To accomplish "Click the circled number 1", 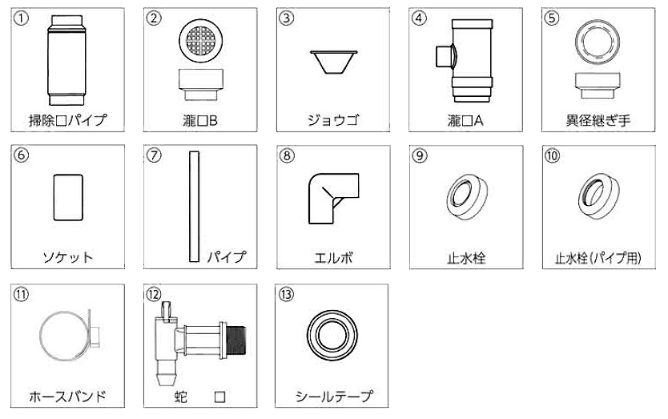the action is (x=21, y=18).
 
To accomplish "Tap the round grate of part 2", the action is (x=201, y=41).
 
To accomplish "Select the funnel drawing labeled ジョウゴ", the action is (x=333, y=62).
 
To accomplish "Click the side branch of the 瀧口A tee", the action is (x=445, y=57).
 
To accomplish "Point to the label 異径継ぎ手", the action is (x=598, y=121).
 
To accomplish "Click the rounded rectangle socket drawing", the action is (x=68, y=197).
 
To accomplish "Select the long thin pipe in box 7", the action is (x=195, y=207).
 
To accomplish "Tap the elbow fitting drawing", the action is (x=333, y=198).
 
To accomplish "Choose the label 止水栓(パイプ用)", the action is (x=598, y=258).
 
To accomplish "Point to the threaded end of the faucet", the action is (x=236, y=340).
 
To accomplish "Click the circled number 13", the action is (x=286, y=294).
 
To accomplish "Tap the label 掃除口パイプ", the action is (x=67, y=120).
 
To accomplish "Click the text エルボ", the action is (x=333, y=258).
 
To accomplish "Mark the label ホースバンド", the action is (x=67, y=397).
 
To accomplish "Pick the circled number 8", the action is (x=287, y=155).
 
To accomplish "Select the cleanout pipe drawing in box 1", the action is (x=66, y=60).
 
